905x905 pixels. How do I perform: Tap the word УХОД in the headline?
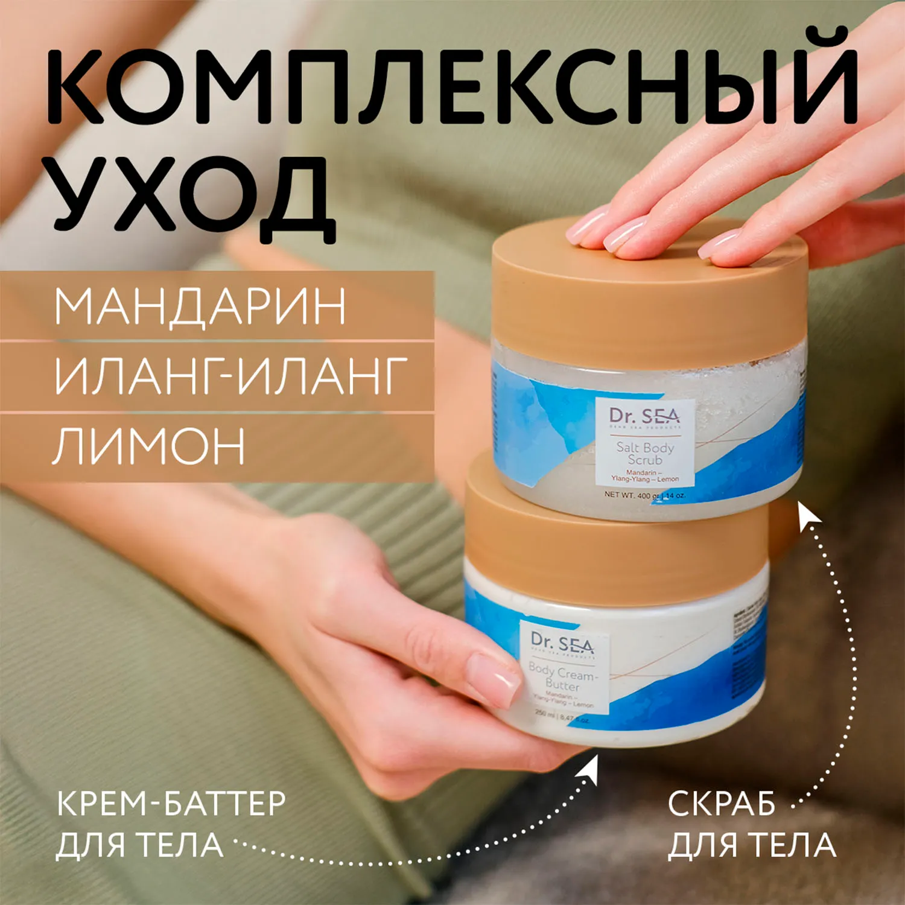(193, 193)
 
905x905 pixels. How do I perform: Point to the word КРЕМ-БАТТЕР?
(171, 804)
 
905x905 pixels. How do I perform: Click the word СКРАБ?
(722, 804)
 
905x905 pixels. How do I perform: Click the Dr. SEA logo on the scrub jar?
(644, 416)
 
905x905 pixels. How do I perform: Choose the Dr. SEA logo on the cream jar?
(562, 643)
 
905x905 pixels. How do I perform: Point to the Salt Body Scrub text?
(644, 453)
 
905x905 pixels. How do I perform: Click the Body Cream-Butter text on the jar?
(562, 678)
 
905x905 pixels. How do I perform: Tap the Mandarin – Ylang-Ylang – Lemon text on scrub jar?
(644, 475)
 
